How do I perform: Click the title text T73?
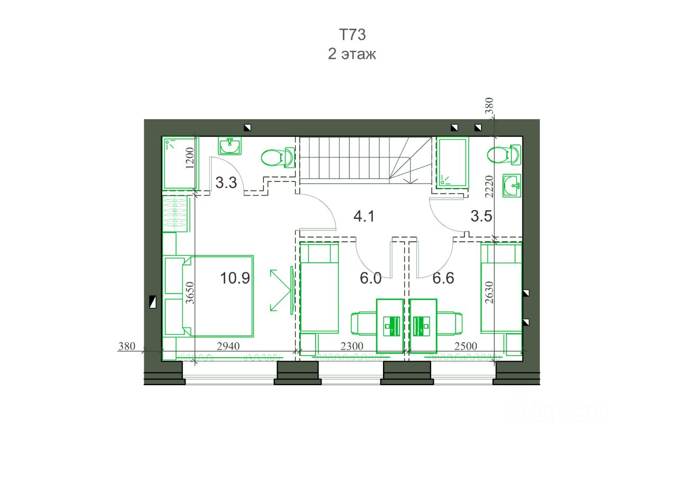[x=352, y=34]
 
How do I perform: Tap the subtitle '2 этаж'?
[x=352, y=54]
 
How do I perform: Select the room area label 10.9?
[x=235, y=278]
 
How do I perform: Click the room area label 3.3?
[x=226, y=183]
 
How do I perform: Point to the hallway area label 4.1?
[x=364, y=217]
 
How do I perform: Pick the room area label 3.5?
[x=481, y=216]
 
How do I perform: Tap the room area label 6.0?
[x=370, y=278]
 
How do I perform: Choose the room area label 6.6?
[x=443, y=278]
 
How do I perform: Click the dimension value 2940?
[x=228, y=346]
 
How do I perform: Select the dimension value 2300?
[x=352, y=346]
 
